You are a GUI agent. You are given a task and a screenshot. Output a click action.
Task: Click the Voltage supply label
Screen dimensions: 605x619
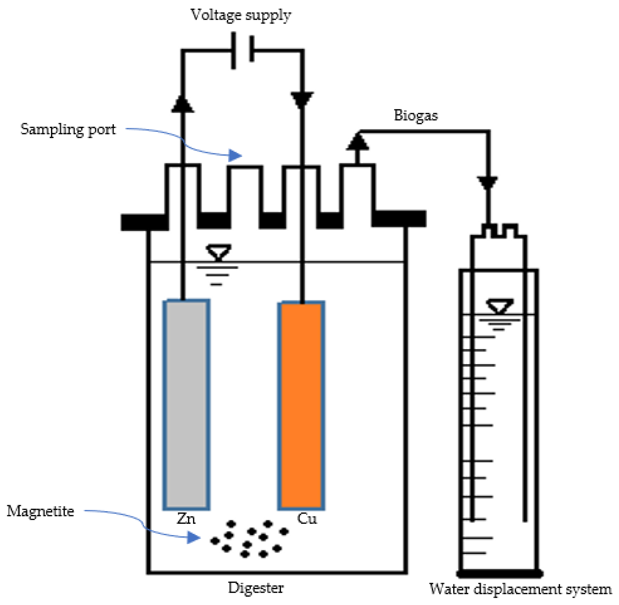click(x=241, y=15)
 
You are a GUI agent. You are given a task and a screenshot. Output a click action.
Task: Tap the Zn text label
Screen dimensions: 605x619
click(x=186, y=519)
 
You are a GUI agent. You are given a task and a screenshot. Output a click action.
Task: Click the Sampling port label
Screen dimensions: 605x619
click(x=68, y=129)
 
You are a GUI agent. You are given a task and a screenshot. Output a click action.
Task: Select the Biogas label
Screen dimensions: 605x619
click(x=416, y=115)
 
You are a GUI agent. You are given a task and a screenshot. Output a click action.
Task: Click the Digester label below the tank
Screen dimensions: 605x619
click(x=256, y=588)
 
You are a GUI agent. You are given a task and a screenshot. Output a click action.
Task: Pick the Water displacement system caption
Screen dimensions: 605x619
click(x=520, y=589)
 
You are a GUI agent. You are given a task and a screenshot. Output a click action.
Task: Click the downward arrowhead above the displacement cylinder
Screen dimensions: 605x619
click(x=487, y=183)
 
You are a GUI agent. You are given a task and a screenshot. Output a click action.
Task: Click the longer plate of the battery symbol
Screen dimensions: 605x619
click(x=233, y=50)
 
